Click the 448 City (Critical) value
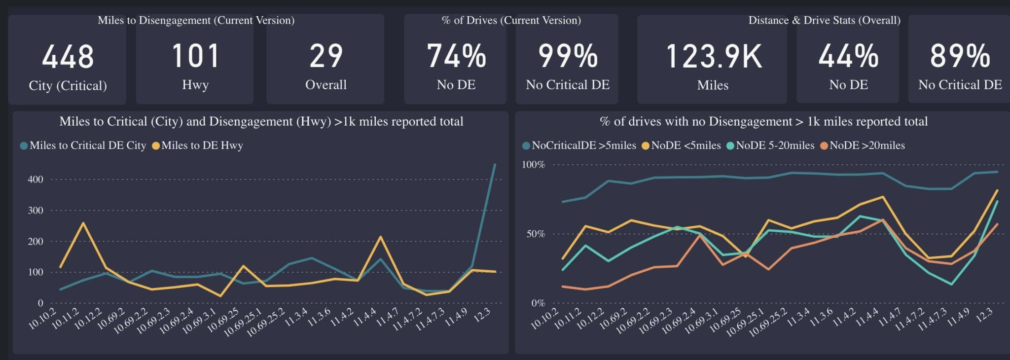[68, 57]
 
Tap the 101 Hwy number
[195, 56]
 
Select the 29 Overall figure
[325, 56]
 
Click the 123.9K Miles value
[713, 56]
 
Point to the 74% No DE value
[456, 56]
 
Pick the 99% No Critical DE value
[568, 56]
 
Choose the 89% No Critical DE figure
[960, 56]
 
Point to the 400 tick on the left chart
[36, 180]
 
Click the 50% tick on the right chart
[536, 234]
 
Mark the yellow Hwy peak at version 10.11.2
[83, 223]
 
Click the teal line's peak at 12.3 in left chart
[495, 165]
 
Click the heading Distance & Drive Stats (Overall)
[824, 20]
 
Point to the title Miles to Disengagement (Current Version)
[196, 20]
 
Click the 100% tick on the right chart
[534, 165]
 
